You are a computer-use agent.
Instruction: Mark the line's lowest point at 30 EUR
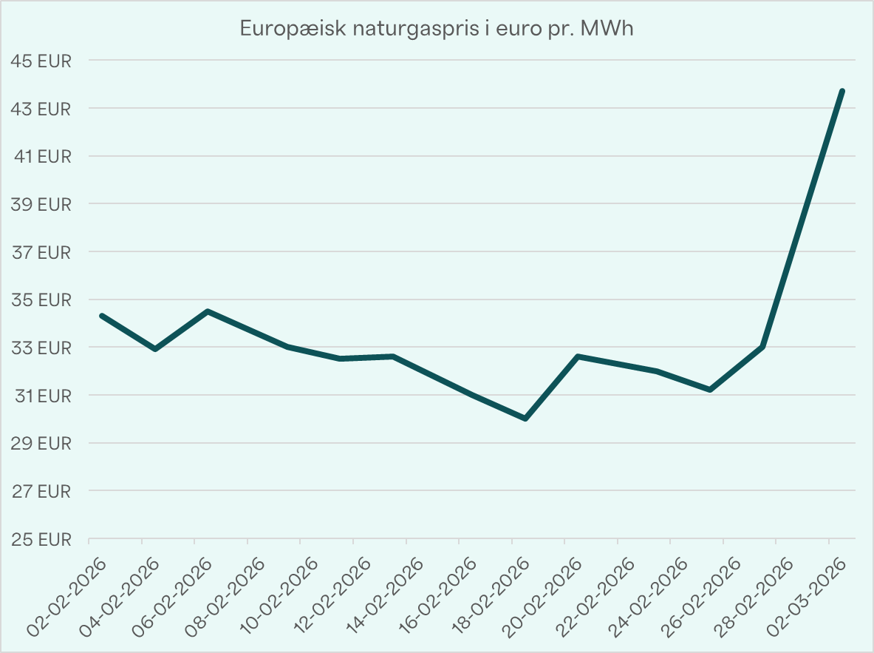coord(525,419)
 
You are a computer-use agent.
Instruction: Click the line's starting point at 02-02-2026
coord(102,316)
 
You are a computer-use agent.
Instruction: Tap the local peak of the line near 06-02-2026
coord(208,311)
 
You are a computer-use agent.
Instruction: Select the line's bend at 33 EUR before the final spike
coord(762,346)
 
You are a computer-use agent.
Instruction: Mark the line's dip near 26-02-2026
coord(710,390)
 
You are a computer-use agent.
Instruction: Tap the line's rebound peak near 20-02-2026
coord(578,356)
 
